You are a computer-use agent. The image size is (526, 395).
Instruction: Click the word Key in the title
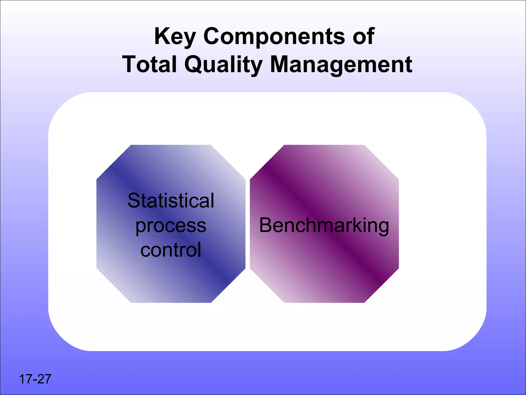[x=175, y=37]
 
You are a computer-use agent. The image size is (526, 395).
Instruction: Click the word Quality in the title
[x=223, y=65]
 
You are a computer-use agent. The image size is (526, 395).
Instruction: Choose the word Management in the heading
[x=341, y=65]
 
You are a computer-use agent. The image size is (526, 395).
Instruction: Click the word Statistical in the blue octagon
[x=171, y=201]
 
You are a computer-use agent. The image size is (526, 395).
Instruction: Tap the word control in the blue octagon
[x=171, y=250]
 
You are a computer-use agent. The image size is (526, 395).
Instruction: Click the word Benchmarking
[x=324, y=226]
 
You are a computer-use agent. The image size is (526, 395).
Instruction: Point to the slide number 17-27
[x=35, y=379]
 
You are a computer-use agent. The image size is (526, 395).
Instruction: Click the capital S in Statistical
[x=134, y=201]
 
